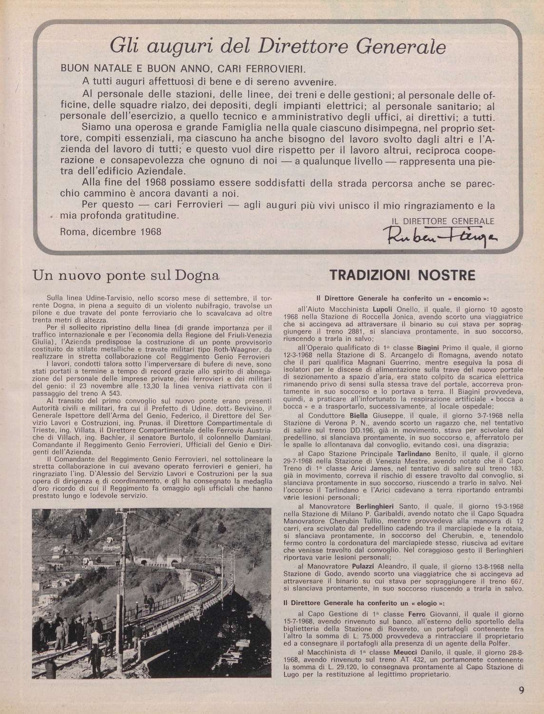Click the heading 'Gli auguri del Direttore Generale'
278,47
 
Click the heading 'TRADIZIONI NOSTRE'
402,276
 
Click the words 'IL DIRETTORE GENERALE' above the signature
442,221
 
